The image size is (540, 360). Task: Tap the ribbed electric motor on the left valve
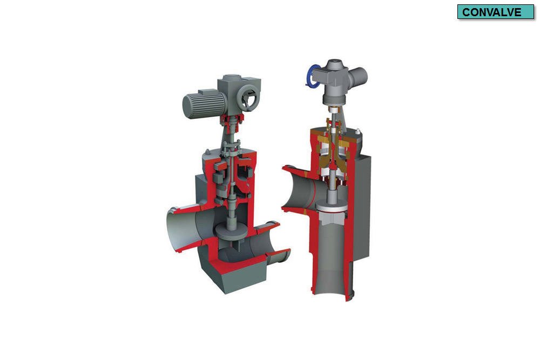coord(200,103)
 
